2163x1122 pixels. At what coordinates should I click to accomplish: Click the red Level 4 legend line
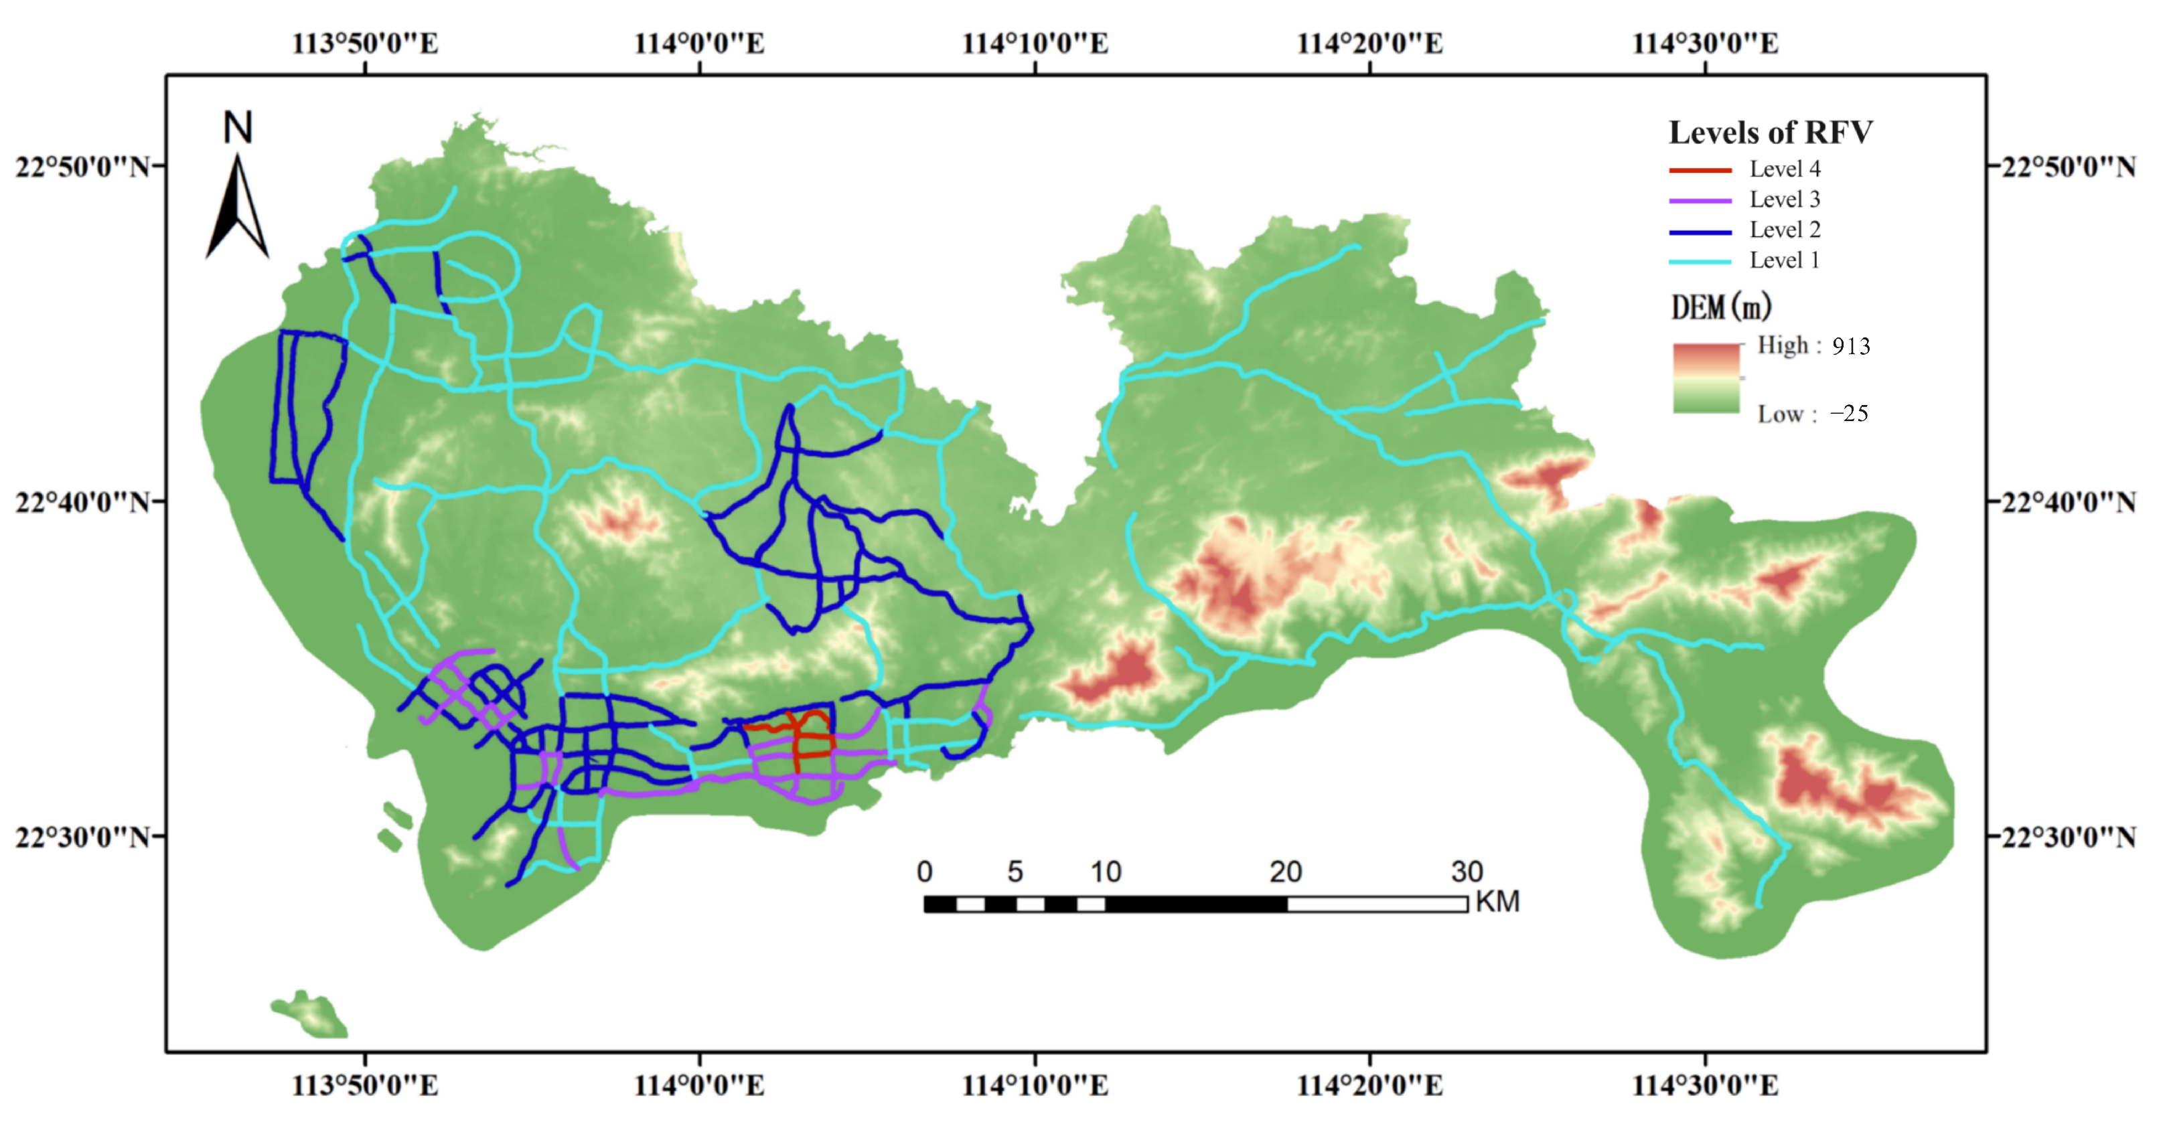coord(1700,170)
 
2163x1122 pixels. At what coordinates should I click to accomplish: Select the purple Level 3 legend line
coord(1700,202)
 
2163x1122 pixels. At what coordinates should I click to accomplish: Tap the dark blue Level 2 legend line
coord(1700,232)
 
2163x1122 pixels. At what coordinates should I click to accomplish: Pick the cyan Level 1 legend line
coord(1700,262)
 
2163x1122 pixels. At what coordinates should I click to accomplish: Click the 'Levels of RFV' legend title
coord(1770,133)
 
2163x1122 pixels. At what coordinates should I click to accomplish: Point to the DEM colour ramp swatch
coord(1706,378)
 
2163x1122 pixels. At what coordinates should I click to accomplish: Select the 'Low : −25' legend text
coord(1813,414)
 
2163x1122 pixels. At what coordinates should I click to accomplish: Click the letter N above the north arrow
coord(238,129)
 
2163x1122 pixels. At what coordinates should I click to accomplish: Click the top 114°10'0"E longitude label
coord(1035,44)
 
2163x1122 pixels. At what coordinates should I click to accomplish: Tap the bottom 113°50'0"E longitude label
coord(364,1086)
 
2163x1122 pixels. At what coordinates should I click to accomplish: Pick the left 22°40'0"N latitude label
coord(82,503)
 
